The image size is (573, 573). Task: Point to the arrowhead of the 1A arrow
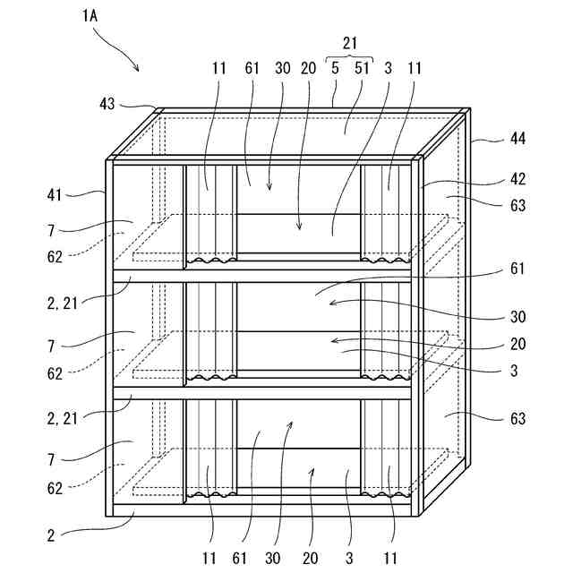click(138, 70)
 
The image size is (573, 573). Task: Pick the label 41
click(55, 192)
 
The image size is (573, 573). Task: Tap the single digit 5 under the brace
click(335, 67)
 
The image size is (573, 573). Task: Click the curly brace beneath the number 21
click(352, 55)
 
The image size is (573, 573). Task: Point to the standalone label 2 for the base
click(50, 535)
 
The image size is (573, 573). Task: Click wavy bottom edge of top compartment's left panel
click(210, 262)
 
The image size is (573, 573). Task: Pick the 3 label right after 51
click(389, 67)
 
